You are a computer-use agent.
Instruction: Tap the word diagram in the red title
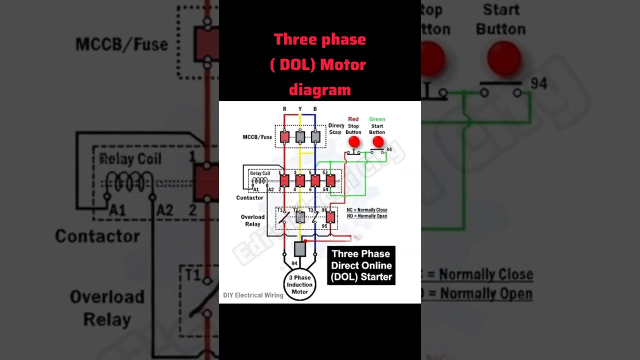[320, 90]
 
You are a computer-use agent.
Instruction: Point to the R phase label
[284, 109]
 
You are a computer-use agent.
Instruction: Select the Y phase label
[300, 109]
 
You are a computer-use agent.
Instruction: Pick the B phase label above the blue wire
[315, 109]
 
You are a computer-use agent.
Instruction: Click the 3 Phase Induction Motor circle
[299, 285]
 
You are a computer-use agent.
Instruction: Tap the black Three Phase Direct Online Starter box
[361, 265]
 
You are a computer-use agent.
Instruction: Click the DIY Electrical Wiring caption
[253, 295]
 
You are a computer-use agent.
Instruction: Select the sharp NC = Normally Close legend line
[367, 210]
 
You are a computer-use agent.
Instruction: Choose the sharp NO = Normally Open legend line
[367, 216]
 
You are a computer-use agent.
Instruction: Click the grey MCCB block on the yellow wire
[300, 136]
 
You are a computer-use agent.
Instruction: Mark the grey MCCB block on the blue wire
[315, 136]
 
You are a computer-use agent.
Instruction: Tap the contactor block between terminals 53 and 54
[330, 180]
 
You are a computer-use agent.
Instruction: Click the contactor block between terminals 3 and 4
[300, 180]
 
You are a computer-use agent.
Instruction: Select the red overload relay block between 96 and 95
[330, 217]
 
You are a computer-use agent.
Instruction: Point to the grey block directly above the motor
[300, 249]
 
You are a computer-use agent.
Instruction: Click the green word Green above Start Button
[377, 119]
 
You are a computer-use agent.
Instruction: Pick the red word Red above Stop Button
[353, 119]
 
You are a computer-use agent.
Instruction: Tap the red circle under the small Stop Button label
[354, 142]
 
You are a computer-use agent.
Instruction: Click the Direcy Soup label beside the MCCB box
[336, 129]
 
